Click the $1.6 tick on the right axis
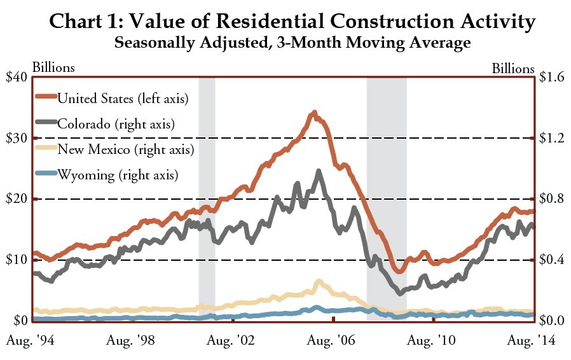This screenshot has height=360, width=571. click(551, 77)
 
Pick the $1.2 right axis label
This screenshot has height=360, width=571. click(551, 138)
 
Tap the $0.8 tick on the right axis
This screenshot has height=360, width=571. click(551, 199)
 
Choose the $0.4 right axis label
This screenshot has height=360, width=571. click(551, 260)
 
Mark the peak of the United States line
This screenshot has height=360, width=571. click(314, 113)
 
